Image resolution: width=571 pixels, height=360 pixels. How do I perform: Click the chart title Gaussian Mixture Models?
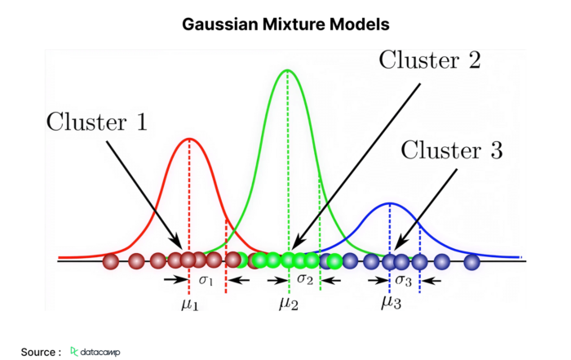pos(285,24)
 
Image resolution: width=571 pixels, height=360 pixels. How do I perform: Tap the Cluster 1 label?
pos(97,122)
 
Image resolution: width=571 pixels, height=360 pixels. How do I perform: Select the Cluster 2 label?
pos(430,60)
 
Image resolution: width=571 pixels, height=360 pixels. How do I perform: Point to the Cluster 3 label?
pos(452,149)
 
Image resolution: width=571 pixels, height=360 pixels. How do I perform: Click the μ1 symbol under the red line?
pos(190,304)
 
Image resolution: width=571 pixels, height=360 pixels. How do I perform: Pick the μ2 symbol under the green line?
pos(289,303)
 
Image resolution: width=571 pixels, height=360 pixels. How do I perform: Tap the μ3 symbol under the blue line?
pos(391,302)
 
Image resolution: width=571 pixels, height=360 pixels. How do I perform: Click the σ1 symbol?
pos(206,280)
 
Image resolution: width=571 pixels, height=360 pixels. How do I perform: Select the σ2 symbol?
pos(305,279)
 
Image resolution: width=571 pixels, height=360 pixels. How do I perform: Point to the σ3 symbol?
pos(404,280)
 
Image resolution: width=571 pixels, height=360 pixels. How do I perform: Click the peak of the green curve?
pos(288,70)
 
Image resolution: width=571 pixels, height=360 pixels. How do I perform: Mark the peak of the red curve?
pos(189,139)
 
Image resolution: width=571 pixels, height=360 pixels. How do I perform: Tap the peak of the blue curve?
pos(390,203)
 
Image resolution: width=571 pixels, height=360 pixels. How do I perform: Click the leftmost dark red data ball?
pos(111,261)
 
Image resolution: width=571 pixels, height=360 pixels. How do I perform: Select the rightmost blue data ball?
pos(472,262)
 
